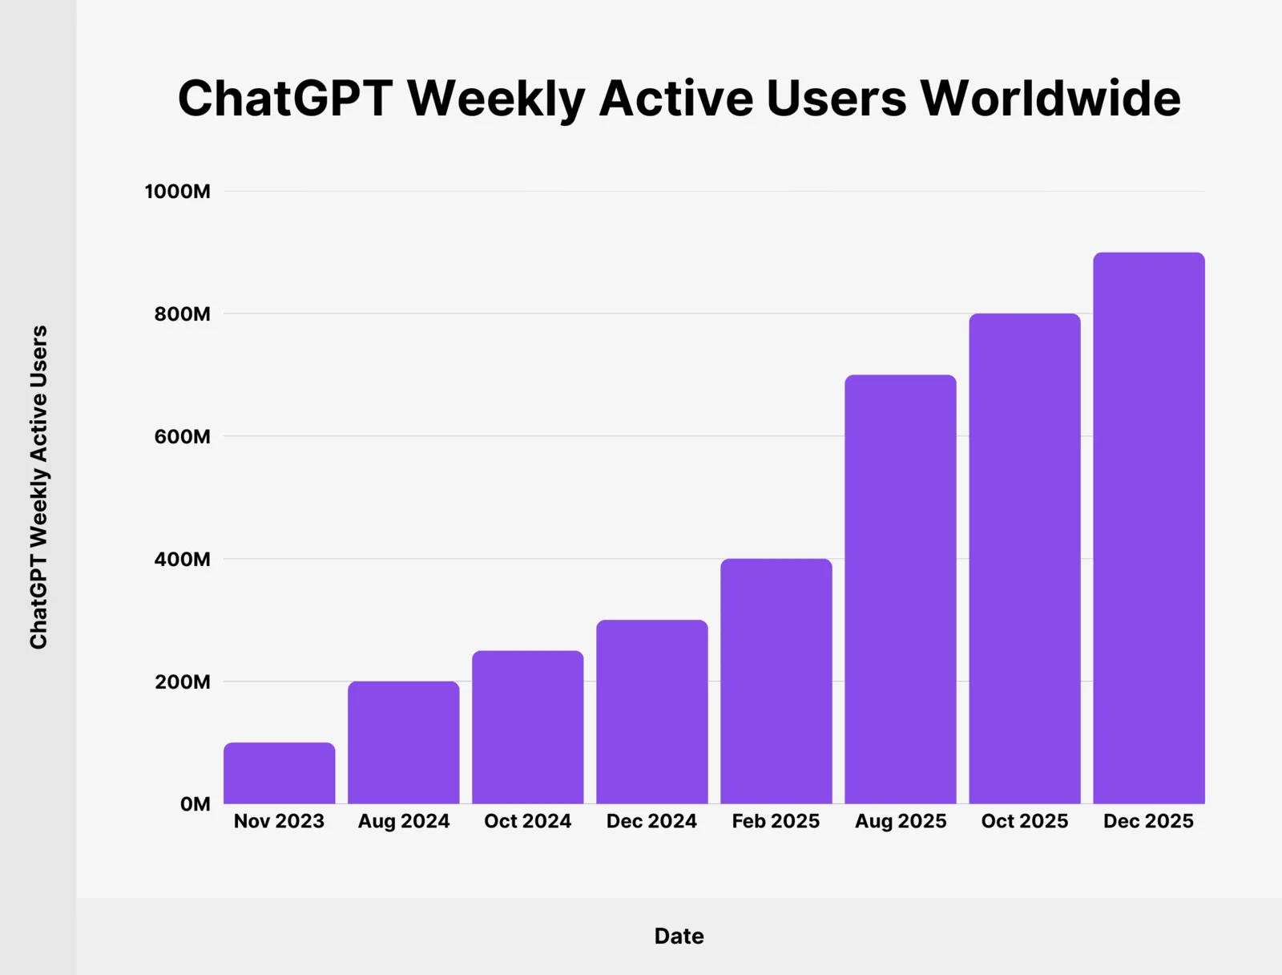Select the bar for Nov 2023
279,774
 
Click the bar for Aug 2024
403,743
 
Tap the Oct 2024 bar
527,727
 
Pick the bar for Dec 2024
651,712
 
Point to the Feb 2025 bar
776,682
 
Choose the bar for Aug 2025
900,589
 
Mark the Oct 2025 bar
1024,559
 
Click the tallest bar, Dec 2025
1148,528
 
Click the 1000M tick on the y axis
177,192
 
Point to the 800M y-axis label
182,314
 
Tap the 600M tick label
182,437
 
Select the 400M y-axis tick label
182,560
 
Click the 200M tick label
182,682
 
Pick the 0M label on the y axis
195,804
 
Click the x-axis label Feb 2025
776,821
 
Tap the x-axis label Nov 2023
279,821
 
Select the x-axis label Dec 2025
1148,821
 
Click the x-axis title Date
679,936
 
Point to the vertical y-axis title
38,487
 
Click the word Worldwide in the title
1050,99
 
